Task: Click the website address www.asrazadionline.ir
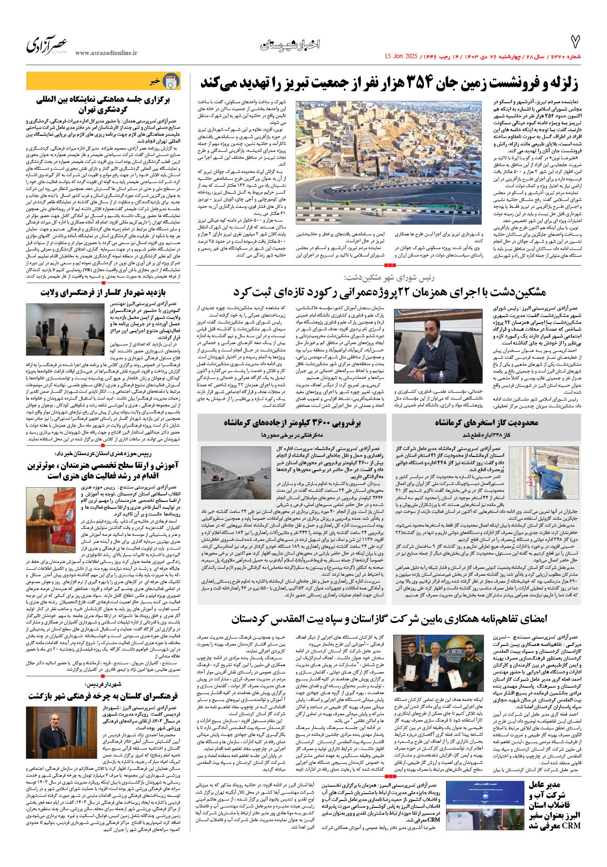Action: point(106,53)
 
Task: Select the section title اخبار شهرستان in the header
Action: point(290,45)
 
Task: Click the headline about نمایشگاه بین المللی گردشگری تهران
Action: point(103,104)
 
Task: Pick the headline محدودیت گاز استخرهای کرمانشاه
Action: point(486,422)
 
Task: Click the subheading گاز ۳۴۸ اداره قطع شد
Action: point(486,434)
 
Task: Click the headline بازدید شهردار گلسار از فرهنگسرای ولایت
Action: point(103,293)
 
